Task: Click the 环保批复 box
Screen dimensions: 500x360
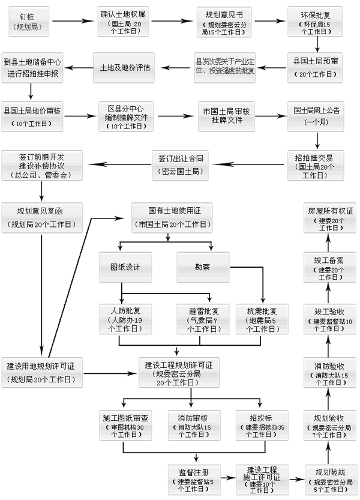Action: click(317, 21)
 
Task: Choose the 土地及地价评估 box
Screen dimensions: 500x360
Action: click(125, 67)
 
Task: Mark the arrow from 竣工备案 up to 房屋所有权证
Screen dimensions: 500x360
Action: click(329, 242)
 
